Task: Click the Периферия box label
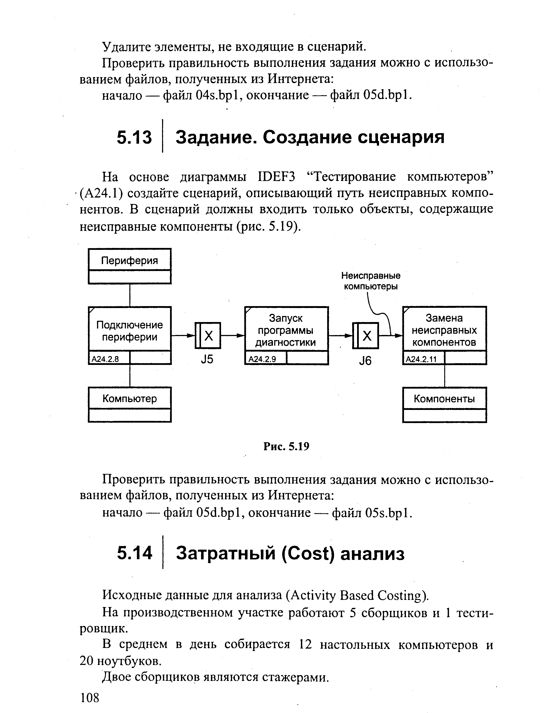click(130, 260)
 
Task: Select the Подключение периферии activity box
click(130, 330)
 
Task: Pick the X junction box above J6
click(366, 335)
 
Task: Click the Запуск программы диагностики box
click(286, 330)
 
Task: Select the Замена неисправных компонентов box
click(444, 330)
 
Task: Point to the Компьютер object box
click(130, 399)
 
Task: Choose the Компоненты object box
click(444, 399)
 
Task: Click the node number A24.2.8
click(105, 359)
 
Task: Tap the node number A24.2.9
click(262, 359)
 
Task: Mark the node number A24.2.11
click(421, 359)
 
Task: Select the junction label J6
click(365, 361)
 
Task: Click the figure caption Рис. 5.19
click(286, 446)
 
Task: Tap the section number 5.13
click(134, 137)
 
